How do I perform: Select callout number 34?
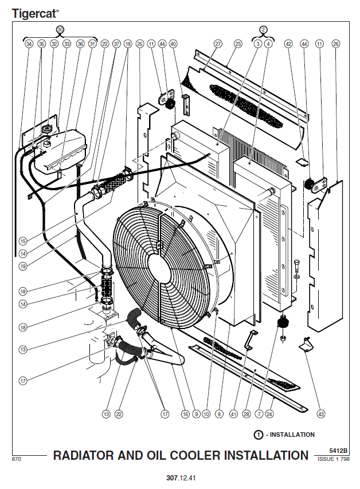point(29,44)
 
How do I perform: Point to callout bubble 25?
point(140,44)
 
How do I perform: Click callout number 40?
point(174,44)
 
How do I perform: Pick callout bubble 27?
point(218,44)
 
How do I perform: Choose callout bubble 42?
point(288,44)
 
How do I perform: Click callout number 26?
point(335,44)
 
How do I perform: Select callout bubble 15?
point(23,241)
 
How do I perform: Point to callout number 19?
point(23,265)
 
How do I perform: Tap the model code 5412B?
point(338,451)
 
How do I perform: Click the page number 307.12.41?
point(179,478)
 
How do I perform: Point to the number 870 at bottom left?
point(17,459)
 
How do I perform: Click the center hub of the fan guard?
point(163,267)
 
